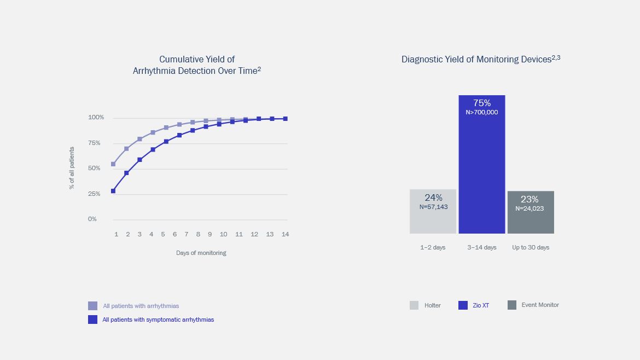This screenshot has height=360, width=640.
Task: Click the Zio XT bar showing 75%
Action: tap(481, 164)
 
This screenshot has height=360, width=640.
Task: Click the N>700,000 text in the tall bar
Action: tap(481, 112)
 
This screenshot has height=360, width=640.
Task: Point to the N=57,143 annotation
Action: tap(433, 207)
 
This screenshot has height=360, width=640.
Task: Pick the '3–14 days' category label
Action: tap(481, 247)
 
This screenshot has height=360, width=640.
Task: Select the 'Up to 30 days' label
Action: tap(531, 247)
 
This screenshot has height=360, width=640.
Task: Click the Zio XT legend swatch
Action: tap(463, 305)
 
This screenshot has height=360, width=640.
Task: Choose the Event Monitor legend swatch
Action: tap(512, 305)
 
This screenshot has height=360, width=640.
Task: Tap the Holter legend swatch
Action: tap(414, 305)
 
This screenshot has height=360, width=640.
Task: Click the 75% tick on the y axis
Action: tap(94, 143)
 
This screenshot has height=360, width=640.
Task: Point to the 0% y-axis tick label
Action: tap(92, 219)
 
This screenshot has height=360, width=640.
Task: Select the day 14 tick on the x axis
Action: tap(285, 234)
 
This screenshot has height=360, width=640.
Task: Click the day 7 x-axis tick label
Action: tap(187, 234)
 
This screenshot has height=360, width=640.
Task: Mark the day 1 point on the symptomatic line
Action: tap(113, 191)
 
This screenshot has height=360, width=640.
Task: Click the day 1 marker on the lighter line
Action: tap(113, 164)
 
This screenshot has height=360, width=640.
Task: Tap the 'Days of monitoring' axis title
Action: tap(201, 253)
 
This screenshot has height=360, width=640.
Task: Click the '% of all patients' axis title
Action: tap(72, 168)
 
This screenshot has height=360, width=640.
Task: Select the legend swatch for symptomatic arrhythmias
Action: tap(92, 320)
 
